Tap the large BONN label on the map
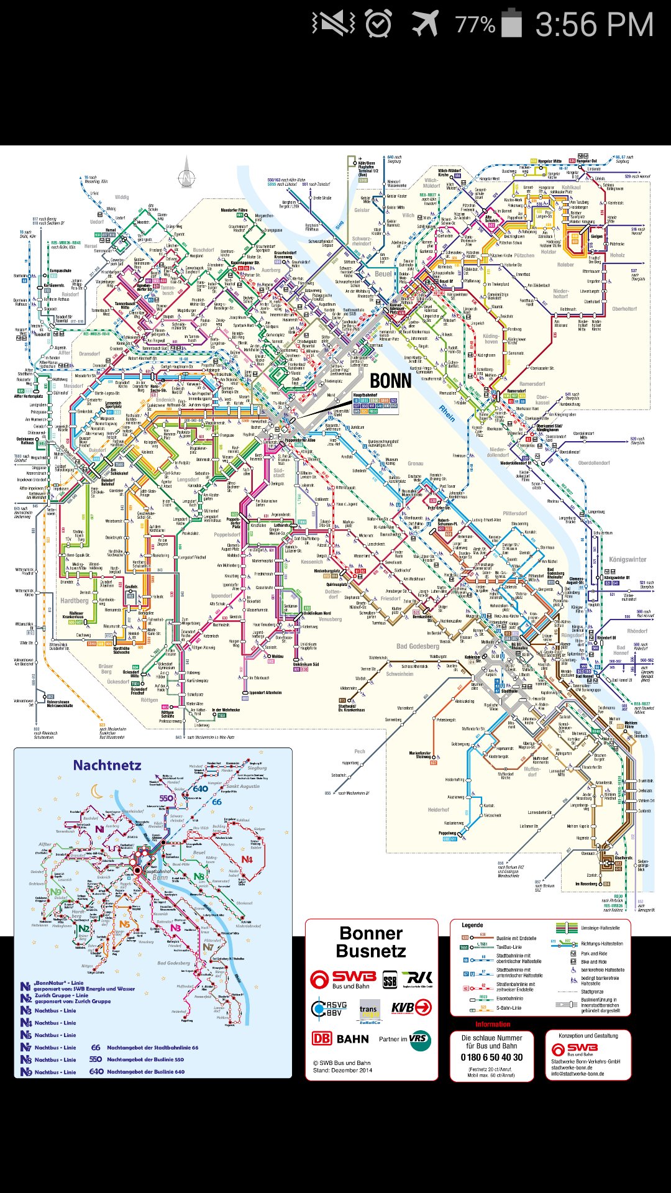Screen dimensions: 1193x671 click(390, 380)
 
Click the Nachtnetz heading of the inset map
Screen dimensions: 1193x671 click(107, 765)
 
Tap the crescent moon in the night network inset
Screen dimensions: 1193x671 click(97, 791)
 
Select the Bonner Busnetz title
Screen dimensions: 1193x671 click(372, 942)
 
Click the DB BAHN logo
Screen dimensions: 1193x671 click(340, 1038)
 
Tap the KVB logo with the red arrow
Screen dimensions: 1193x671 click(411, 1007)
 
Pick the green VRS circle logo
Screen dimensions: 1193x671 click(419, 1039)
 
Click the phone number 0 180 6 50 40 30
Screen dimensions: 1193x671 click(491, 1057)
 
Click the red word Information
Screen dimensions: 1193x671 click(493, 1024)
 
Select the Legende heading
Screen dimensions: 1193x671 click(472, 925)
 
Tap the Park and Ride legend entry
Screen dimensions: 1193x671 click(593, 953)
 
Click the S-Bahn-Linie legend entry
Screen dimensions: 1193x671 click(509, 1008)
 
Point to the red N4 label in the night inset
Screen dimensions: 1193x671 click(247, 859)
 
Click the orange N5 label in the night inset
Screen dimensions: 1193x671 click(125, 924)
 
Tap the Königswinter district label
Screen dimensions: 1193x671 click(628, 559)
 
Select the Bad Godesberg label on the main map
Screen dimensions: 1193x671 click(418, 646)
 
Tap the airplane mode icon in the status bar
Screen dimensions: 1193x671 click(425, 24)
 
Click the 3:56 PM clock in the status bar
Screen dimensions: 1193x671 click(594, 25)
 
